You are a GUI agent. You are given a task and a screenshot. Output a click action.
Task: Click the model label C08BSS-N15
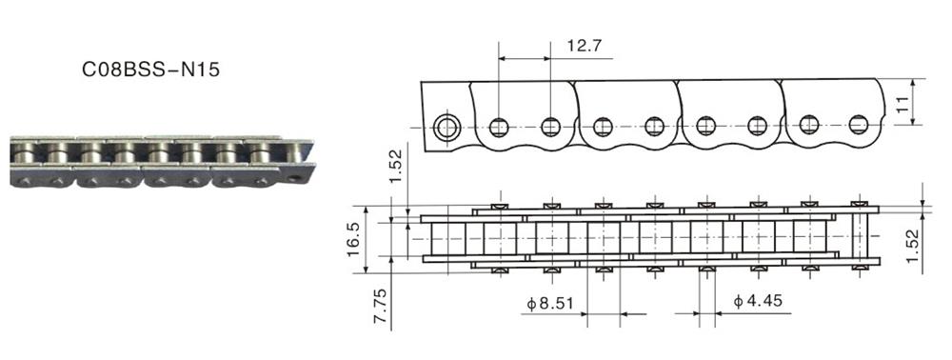coord(150,70)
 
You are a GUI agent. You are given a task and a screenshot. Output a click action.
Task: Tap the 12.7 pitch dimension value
coord(584,47)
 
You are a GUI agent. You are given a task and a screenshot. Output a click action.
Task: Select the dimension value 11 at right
coord(903,102)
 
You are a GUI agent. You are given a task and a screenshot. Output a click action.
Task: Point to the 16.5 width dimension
coord(353,239)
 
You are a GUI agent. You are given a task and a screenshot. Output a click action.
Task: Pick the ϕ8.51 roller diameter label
coord(549,303)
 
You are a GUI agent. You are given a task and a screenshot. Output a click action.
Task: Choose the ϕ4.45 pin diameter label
coord(757,301)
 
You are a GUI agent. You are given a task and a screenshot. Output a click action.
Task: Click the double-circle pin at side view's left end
coord(447,128)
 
